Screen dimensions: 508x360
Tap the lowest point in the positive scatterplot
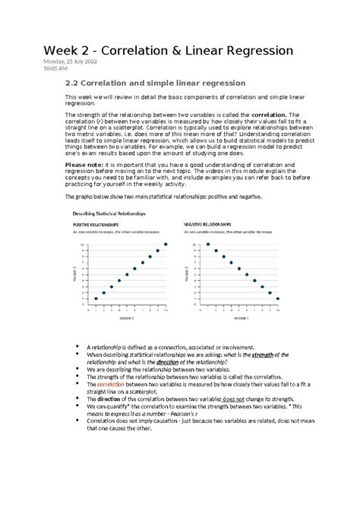click(95, 298)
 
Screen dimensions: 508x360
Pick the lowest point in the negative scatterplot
click(277, 298)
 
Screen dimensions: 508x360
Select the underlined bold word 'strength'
click(262, 354)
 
